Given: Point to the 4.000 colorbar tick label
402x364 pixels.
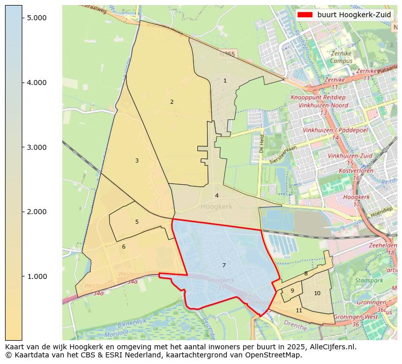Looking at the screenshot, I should (x=36, y=83).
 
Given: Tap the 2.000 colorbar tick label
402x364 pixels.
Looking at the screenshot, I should (x=36, y=212).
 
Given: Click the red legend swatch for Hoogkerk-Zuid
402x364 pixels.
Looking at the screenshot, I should (x=305, y=15).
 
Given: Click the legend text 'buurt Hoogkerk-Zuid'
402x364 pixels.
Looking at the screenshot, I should (x=354, y=15).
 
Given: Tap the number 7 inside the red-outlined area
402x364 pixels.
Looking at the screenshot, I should (x=224, y=265).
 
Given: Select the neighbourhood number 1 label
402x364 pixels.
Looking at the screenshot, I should (x=225, y=80).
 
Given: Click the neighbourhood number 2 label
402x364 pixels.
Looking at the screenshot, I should (x=172, y=102).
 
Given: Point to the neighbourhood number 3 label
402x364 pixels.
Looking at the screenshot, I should (x=137, y=160).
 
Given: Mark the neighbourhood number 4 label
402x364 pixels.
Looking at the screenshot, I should (x=217, y=195).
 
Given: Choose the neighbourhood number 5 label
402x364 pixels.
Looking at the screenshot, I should (x=137, y=222).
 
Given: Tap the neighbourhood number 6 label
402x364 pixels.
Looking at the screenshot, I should (x=124, y=247).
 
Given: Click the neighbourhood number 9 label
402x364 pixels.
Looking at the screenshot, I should (x=292, y=291).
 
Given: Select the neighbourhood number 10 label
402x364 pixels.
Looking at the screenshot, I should (x=317, y=293).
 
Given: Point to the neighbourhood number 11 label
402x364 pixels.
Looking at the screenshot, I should (x=299, y=310).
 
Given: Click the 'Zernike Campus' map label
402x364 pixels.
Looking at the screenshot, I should (x=341, y=57).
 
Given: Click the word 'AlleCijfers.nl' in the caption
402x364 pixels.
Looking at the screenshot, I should (x=333, y=347).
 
